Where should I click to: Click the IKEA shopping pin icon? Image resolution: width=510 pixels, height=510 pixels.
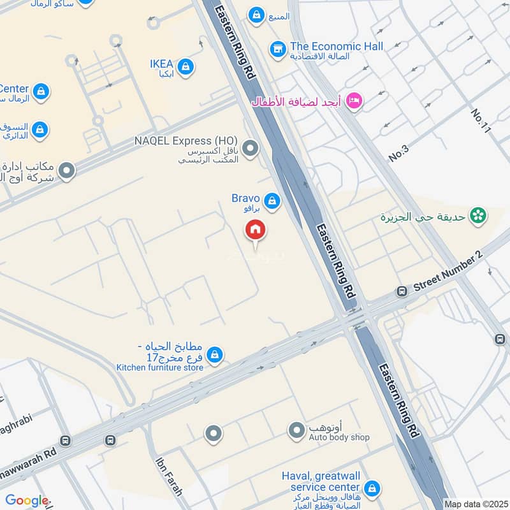pyautogui.click(x=186, y=66)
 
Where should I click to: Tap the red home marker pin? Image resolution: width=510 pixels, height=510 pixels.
pyautogui.click(x=256, y=229)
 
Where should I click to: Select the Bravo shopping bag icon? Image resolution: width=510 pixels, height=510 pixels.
pyautogui.click(x=272, y=201)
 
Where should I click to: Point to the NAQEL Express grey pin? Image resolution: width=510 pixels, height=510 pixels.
pyautogui.click(x=251, y=149)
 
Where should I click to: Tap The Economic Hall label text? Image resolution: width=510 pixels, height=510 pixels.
pyautogui.click(x=337, y=47)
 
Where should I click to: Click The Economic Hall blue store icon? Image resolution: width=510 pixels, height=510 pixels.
pyautogui.click(x=277, y=48)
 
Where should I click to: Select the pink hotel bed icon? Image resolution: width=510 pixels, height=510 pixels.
pyautogui.click(x=355, y=101)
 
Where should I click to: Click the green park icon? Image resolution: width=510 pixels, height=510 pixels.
pyautogui.click(x=477, y=216)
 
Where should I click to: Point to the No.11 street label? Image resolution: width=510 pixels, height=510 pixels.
pyautogui.click(x=482, y=120)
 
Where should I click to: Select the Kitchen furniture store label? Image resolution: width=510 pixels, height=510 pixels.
pyautogui.click(x=159, y=367)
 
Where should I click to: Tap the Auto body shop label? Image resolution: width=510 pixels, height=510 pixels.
pyautogui.click(x=339, y=437)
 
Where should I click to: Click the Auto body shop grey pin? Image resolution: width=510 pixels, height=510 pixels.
pyautogui.click(x=296, y=431)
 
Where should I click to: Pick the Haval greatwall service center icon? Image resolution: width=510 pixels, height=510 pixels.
pyautogui.click(x=372, y=489)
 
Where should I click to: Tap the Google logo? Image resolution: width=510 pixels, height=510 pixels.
pyautogui.click(x=27, y=500)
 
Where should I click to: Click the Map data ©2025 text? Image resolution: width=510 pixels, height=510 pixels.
pyautogui.click(x=476, y=504)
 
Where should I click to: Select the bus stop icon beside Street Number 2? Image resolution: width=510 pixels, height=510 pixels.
pyautogui.click(x=402, y=291)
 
